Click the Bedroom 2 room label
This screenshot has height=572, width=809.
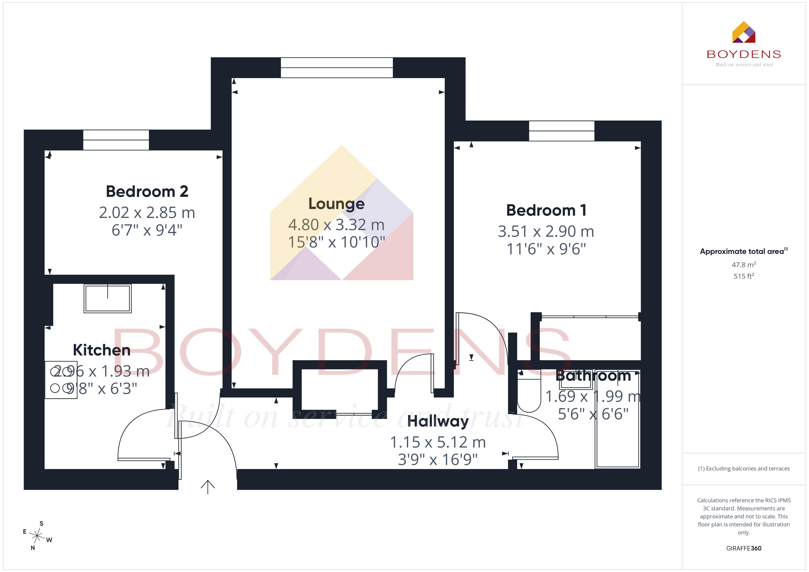147,192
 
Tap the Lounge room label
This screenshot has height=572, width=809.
336,204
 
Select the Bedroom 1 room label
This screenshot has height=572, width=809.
546,210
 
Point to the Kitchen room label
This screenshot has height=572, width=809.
102,350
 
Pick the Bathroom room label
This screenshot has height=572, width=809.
593,376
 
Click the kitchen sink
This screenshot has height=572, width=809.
108,298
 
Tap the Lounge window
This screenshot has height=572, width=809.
336,68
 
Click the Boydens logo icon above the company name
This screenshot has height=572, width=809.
743,32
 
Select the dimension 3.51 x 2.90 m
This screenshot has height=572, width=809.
546,231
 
